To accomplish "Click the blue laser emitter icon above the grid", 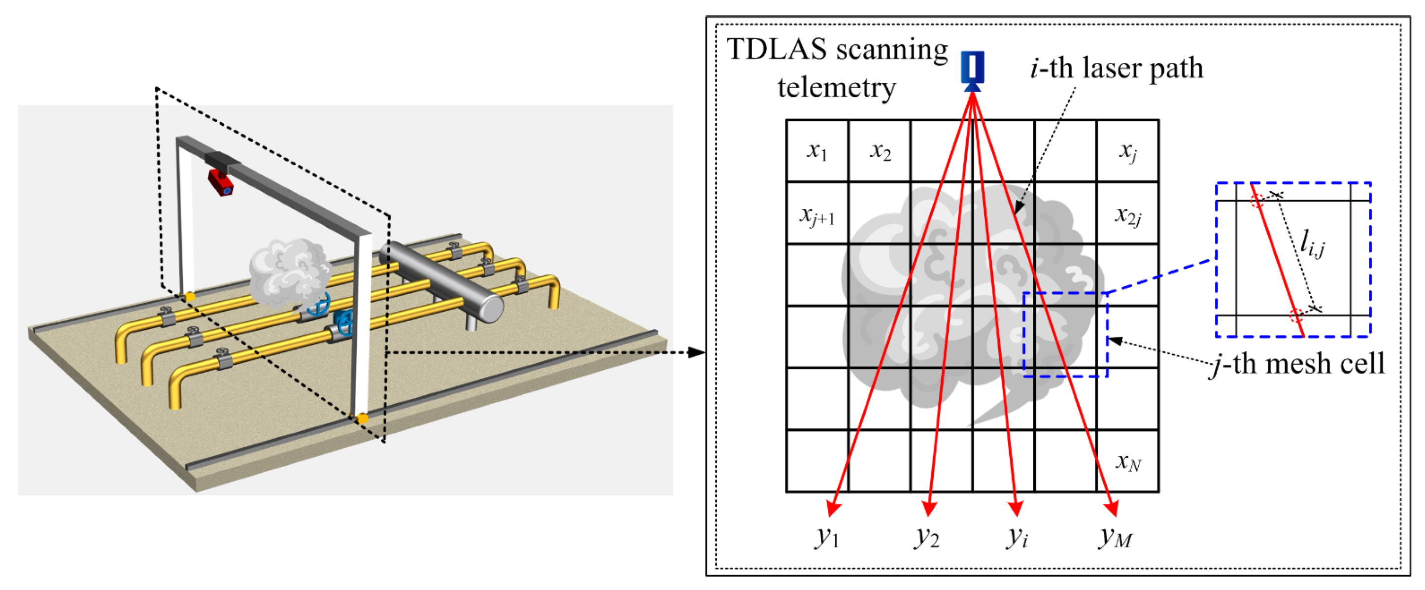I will click(x=972, y=69).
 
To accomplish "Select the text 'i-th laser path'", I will click(x=1117, y=69).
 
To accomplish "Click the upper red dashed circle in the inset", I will click(x=1257, y=200).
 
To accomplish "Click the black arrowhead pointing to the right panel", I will click(x=697, y=352).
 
